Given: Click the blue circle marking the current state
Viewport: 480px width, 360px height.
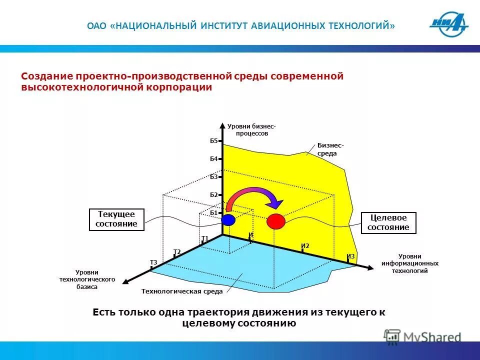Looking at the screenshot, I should [228, 219].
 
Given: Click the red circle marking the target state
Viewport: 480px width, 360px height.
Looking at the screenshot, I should [275, 220].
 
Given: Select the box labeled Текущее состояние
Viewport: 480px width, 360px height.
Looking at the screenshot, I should [116, 219].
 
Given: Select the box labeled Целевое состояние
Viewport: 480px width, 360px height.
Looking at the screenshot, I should [388, 222].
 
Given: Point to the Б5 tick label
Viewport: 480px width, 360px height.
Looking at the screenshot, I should [213, 141].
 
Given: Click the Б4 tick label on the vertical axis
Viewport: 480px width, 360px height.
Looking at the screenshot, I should [213, 159].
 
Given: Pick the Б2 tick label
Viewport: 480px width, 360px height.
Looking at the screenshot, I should [213, 194].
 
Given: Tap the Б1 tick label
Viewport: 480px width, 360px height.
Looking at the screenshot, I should [213, 212].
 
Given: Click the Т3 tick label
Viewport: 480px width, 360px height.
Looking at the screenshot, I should [153, 262].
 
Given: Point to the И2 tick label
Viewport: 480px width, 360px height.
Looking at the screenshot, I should [305, 245].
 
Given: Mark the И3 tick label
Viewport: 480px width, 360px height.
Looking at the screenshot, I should [350, 256].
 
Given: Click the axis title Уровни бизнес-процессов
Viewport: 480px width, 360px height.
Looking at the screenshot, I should [251, 130].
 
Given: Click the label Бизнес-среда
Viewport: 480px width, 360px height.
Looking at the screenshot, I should [330, 149].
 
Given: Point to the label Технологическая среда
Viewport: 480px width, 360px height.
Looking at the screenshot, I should [181, 291].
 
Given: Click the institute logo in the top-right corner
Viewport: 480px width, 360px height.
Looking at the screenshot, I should [448, 25].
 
